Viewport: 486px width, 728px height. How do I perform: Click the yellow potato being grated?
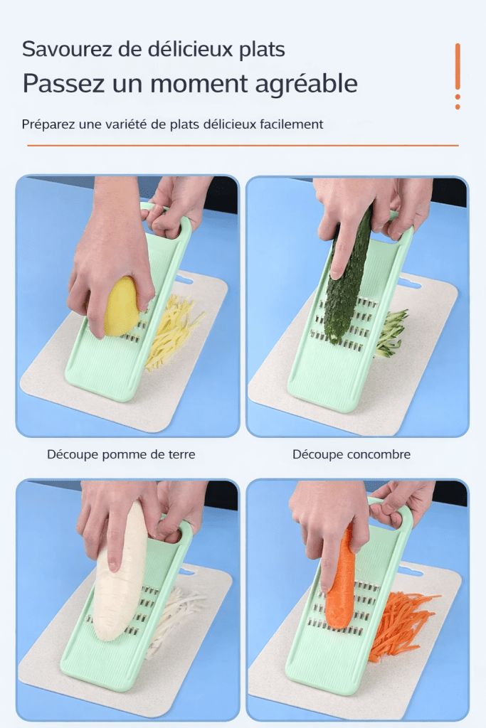click(121, 306)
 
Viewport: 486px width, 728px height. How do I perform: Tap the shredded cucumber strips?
click(389, 333)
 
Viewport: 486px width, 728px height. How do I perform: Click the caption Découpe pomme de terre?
click(121, 454)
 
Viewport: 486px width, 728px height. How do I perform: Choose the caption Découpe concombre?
click(352, 454)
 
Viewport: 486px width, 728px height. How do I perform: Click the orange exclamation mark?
click(458, 76)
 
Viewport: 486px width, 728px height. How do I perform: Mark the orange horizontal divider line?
click(243, 145)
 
